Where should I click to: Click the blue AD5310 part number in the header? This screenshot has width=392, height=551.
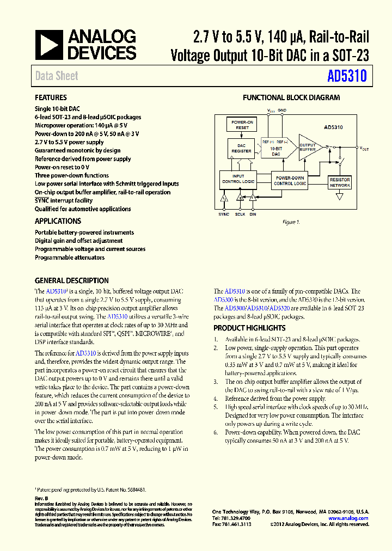click(347, 76)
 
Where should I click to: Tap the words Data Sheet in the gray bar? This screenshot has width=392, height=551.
click(57, 76)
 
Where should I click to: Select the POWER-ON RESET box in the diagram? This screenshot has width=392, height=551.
click(242, 125)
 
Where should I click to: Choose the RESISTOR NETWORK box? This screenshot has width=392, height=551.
click(340, 182)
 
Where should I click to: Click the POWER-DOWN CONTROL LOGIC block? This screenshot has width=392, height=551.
click(290, 181)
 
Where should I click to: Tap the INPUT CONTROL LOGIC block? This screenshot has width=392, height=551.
click(238, 179)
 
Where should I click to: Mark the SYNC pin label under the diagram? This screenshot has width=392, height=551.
click(224, 214)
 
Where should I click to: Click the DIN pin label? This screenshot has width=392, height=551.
click(253, 214)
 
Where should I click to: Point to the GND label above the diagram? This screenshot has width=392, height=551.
click(282, 110)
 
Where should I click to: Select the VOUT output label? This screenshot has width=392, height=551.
click(364, 148)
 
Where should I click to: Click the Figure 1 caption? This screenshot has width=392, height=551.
click(291, 222)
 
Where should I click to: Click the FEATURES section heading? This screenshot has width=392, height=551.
click(51, 97)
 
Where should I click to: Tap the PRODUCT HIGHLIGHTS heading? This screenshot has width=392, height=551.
click(249, 328)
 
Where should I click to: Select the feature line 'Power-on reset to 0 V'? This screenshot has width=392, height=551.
click(62, 167)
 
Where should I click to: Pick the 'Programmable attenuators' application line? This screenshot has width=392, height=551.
click(69, 257)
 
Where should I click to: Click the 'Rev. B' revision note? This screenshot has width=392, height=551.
click(41, 498)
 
